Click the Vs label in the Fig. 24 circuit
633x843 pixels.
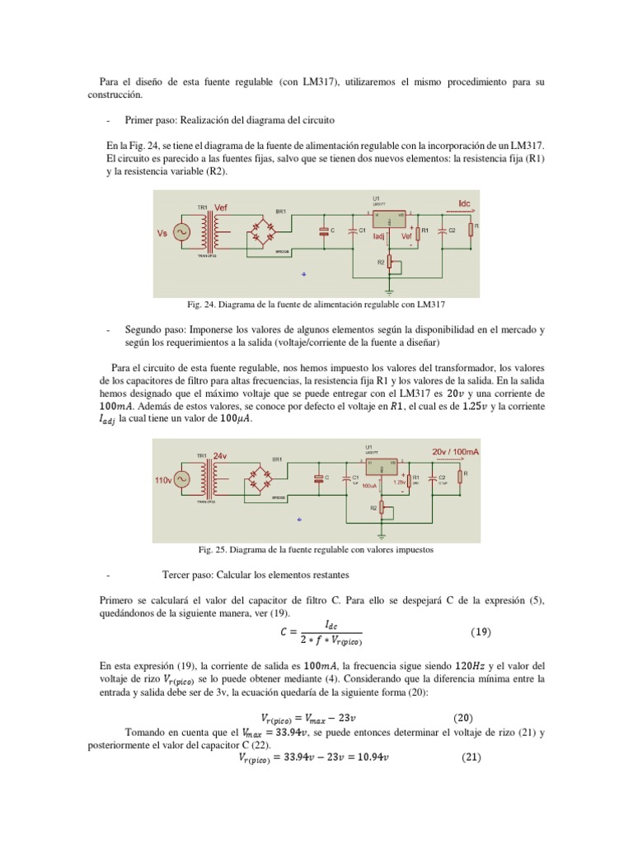(162, 233)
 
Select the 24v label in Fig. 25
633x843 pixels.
(220, 455)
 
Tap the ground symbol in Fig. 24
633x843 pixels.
(390, 291)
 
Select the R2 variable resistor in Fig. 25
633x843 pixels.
(390, 510)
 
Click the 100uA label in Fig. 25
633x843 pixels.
(369, 486)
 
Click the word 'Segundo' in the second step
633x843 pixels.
(143, 329)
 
